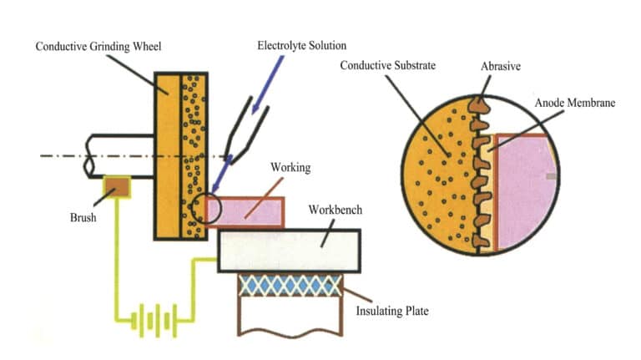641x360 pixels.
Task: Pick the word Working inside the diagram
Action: coord(290,168)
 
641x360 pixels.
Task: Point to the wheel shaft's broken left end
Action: coord(89,155)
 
